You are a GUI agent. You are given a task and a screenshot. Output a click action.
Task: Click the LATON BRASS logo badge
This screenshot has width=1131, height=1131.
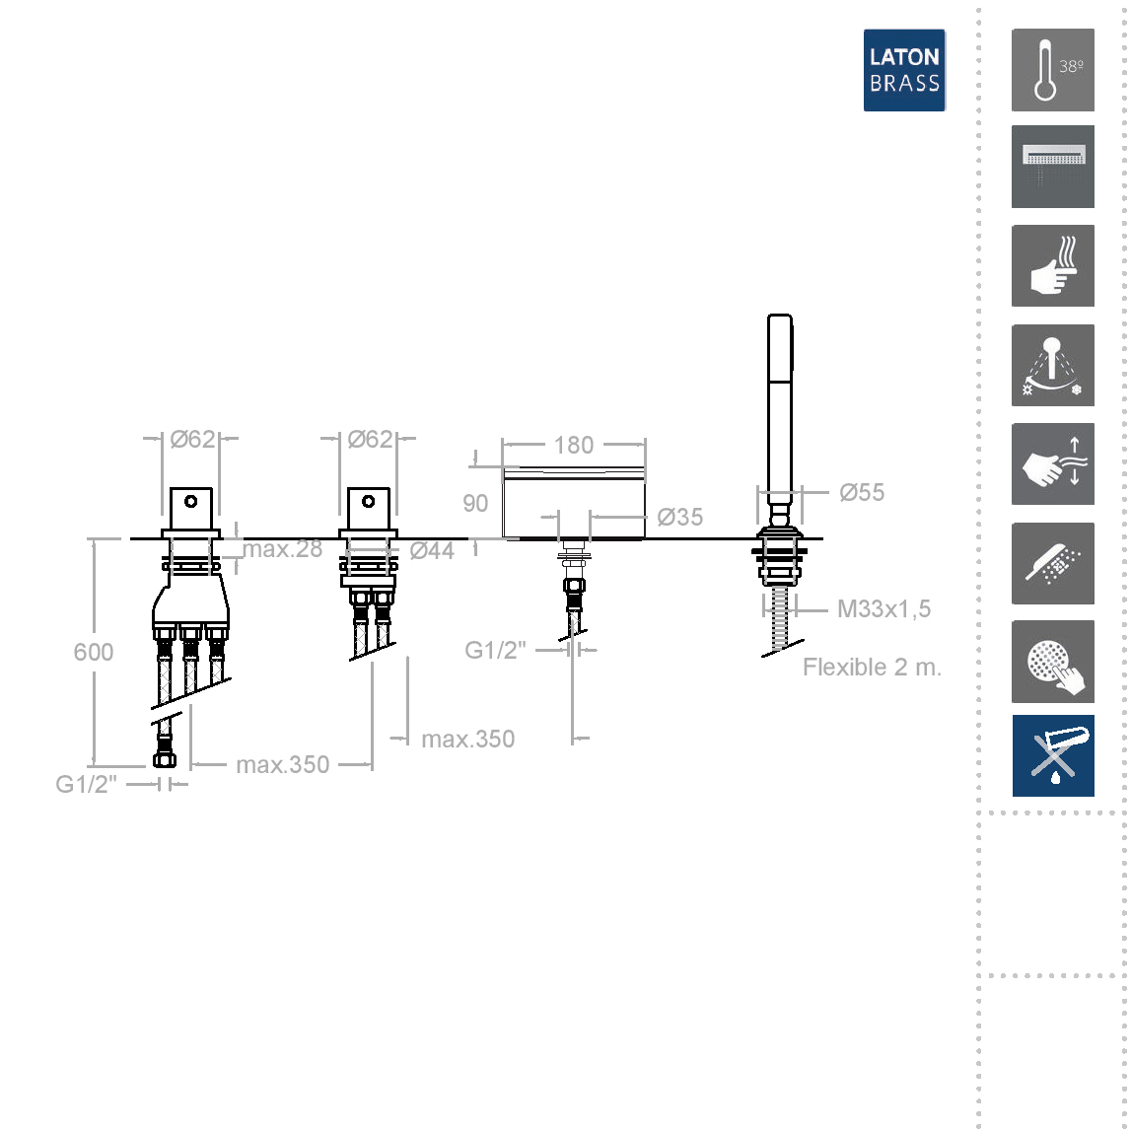pos(904,70)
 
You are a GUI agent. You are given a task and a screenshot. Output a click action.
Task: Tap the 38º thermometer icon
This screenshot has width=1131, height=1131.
pos(1052,70)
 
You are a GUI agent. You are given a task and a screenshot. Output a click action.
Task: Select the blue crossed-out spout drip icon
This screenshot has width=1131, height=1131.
pos(1052,755)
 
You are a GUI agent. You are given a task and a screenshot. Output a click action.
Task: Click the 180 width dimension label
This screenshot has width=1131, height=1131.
pos(574,445)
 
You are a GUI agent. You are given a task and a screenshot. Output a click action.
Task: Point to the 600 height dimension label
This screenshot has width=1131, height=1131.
pos(93,652)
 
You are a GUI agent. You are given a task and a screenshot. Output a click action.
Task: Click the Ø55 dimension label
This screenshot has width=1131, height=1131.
pos(861,493)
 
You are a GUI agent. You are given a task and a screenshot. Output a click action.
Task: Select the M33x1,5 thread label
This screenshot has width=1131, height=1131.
pos(884,608)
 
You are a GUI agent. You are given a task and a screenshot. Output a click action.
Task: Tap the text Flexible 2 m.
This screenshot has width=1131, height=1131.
pos(872,668)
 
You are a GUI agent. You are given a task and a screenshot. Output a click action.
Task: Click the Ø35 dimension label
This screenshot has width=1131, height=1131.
pos(679,517)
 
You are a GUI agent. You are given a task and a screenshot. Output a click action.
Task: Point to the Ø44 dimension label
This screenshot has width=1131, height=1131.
pos(432,551)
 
